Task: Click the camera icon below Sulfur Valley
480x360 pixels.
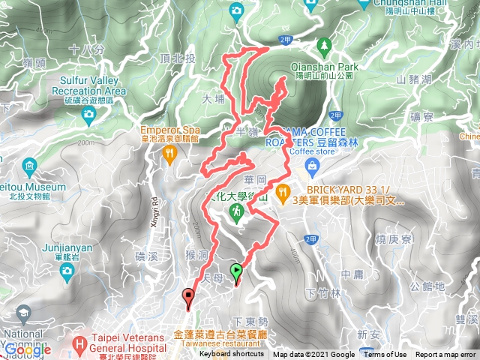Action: point(88,114)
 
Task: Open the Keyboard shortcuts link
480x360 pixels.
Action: point(231,355)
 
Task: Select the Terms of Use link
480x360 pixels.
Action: point(385,355)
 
